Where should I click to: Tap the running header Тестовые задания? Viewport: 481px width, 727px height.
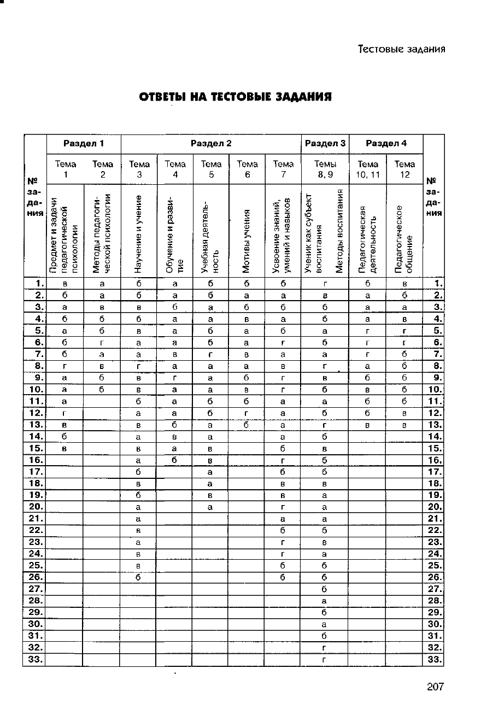tap(402, 49)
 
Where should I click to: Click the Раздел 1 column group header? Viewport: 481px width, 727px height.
tap(84, 144)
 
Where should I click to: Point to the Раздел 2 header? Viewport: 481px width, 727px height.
tap(211, 144)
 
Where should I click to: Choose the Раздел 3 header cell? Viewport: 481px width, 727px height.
tap(325, 144)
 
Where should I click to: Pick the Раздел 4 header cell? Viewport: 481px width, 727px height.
tap(386, 144)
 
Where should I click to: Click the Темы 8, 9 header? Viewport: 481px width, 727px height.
tap(325, 169)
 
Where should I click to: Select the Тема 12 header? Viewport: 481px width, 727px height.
tap(404, 169)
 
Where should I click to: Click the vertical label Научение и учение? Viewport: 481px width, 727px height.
tap(139, 234)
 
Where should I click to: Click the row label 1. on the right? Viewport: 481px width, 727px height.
tap(436, 283)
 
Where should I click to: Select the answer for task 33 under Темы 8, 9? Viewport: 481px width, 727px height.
tap(325, 660)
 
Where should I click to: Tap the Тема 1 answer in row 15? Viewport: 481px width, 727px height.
tap(65, 449)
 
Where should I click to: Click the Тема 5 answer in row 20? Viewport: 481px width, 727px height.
tap(210, 506)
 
